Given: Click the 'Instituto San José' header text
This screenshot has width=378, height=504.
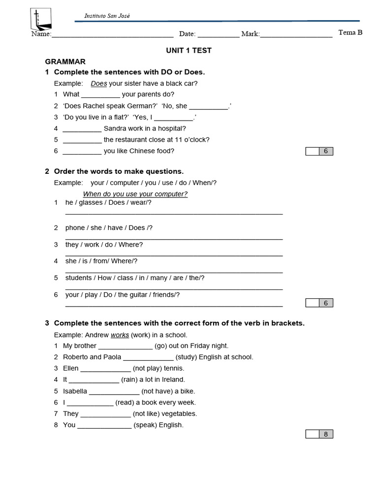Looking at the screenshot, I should click(107, 16).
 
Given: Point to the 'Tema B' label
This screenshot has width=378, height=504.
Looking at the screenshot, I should click(350, 32).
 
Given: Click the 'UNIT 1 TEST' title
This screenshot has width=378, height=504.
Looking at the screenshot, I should click(189, 50).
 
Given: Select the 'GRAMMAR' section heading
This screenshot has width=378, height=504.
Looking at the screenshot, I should click(65, 62).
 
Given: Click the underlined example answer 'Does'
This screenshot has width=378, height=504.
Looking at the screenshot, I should click(99, 84).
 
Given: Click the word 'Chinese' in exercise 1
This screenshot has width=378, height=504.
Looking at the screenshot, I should click(141, 151).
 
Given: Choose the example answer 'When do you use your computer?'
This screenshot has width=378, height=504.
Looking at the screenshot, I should click(135, 194).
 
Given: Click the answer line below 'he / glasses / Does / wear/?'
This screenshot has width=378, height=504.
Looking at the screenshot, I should click(174, 213).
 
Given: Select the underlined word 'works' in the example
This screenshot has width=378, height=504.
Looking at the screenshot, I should click(120, 335).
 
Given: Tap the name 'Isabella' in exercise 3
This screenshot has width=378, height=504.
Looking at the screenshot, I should click(75, 391).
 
